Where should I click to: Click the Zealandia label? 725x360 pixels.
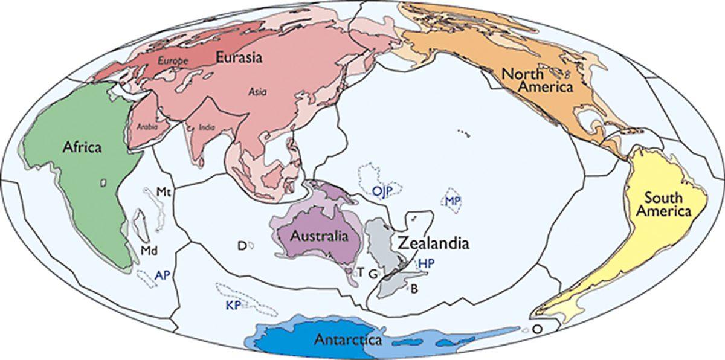[x=433, y=243]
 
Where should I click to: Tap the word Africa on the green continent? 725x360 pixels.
[x=83, y=147]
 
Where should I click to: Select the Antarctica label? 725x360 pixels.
[x=347, y=339]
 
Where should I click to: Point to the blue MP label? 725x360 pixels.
[x=454, y=201]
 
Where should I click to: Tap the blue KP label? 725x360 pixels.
[x=233, y=305]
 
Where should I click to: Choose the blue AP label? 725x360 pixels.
[x=161, y=274]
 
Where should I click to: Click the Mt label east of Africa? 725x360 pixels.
[x=163, y=192]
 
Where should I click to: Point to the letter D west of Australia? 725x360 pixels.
[x=241, y=245]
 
